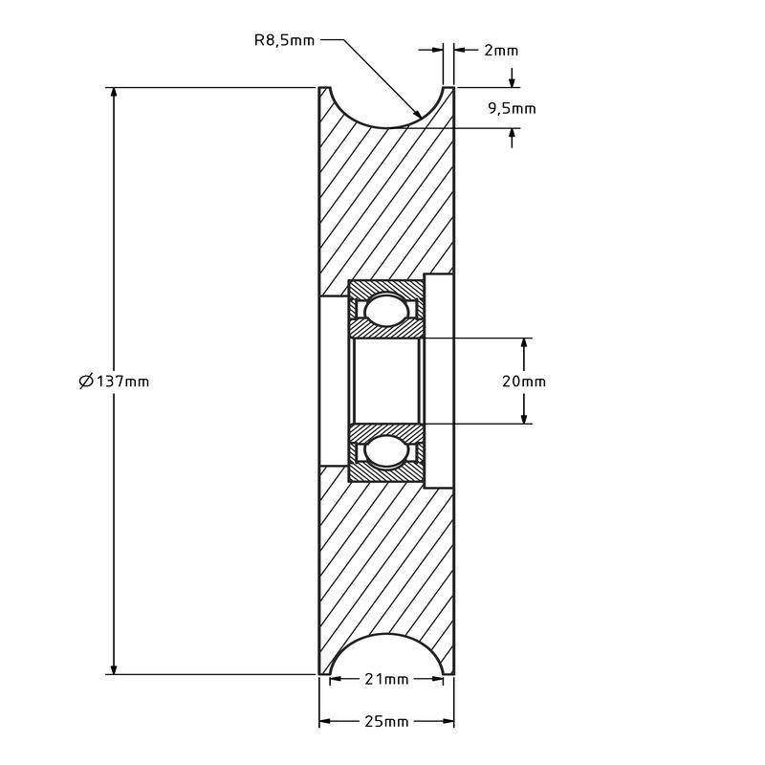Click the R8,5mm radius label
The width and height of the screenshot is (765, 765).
point(284,40)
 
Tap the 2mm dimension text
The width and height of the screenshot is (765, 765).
point(501,51)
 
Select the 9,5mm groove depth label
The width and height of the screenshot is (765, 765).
point(512,108)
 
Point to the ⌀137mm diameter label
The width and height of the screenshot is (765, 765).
point(114,381)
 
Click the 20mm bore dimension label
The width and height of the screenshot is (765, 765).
point(524,381)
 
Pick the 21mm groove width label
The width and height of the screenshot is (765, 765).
point(386,679)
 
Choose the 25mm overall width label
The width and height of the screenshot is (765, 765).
point(386,721)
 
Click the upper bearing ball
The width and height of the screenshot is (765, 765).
point(386,309)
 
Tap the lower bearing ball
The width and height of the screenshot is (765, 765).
point(386,452)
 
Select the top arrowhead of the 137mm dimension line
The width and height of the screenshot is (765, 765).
point(114,95)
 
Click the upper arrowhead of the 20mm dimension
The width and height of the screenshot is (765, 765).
point(524,345)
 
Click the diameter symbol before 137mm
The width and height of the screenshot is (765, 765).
point(86,381)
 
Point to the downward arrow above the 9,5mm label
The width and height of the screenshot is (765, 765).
point(512,78)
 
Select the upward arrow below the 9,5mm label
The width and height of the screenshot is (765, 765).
point(512,138)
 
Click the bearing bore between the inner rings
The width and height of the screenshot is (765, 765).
point(386,381)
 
